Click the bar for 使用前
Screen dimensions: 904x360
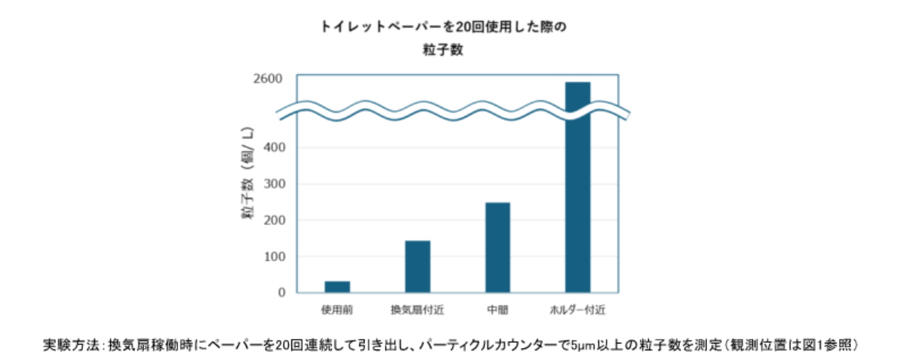coord(337,287)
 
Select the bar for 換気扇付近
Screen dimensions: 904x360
coord(417,266)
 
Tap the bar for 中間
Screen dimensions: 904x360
coord(497,248)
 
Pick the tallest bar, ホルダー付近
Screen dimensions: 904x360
coord(578,187)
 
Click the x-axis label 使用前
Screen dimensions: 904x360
coord(337,309)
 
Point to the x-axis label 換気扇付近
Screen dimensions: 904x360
coord(417,309)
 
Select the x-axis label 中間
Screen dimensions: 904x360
coord(497,309)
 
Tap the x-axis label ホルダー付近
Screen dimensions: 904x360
coord(578,309)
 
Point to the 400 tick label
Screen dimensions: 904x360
coord(275,148)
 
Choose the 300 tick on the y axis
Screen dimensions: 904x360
coord(275,184)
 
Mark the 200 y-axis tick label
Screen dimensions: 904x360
coord(275,220)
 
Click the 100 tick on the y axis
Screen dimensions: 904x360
coord(275,257)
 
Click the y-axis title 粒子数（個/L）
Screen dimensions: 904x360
coord(249,173)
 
